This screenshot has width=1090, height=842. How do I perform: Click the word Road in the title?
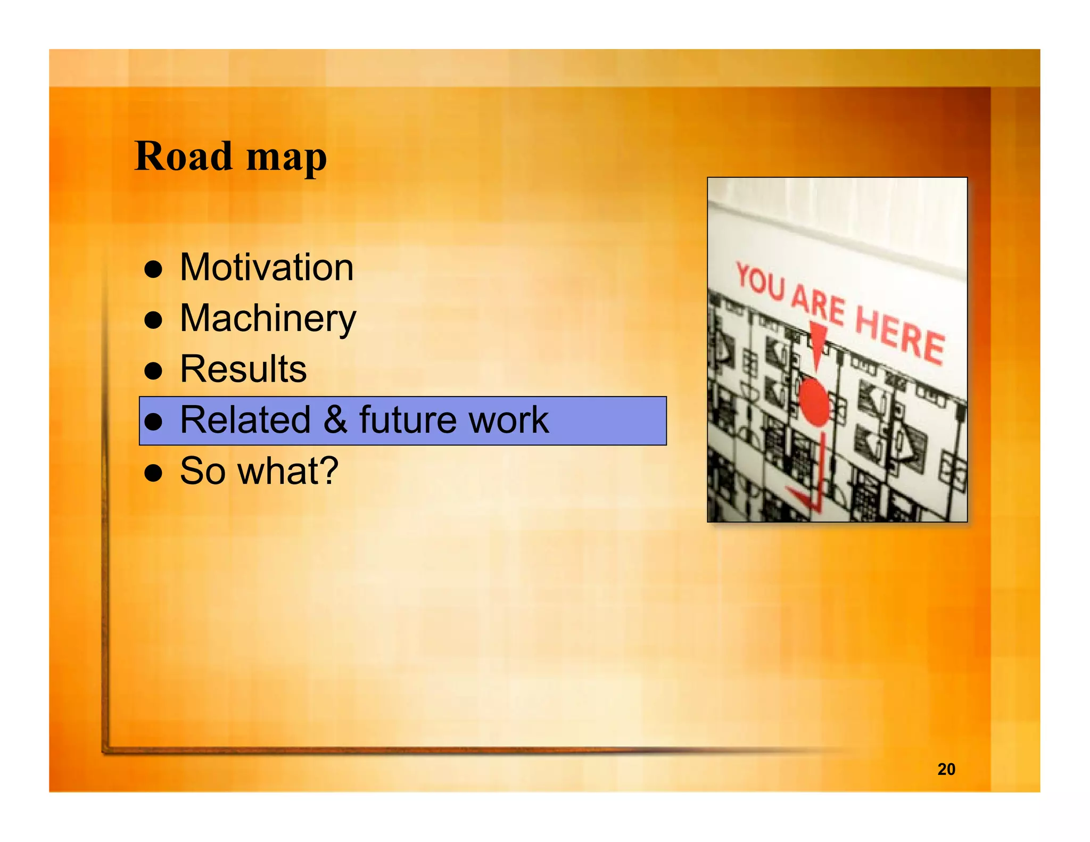click(183, 156)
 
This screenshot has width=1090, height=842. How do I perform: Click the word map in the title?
click(286, 159)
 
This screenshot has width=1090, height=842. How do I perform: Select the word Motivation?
click(267, 267)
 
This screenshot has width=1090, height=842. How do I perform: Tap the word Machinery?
click(268, 318)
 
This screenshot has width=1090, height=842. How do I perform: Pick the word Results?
click(243, 369)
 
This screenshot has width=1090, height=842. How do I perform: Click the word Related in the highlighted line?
click(245, 420)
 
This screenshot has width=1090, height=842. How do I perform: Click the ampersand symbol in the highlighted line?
click(335, 420)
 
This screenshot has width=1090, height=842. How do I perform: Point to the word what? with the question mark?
click(288, 471)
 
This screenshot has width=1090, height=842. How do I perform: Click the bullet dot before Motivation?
click(153, 269)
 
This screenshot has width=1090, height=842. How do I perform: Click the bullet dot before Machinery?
click(153, 320)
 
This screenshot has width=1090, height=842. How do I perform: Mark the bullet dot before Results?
click(153, 371)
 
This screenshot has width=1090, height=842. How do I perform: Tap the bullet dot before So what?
click(153, 473)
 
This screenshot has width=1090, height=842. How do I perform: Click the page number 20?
click(946, 769)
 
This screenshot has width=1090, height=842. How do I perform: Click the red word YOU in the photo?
click(761, 282)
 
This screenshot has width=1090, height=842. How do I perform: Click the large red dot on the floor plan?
click(814, 402)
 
